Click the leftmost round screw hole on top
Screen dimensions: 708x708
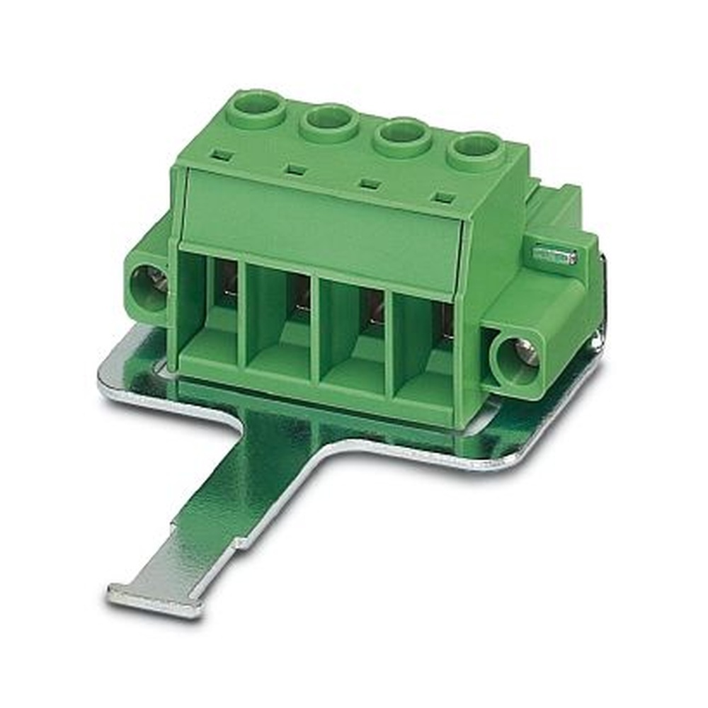(x=257, y=108)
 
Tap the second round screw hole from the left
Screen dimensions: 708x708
(x=329, y=123)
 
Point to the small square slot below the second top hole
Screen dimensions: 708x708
(x=297, y=170)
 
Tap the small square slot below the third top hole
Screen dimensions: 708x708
(x=369, y=184)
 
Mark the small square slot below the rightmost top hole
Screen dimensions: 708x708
(x=444, y=198)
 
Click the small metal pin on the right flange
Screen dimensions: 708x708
(x=554, y=253)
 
